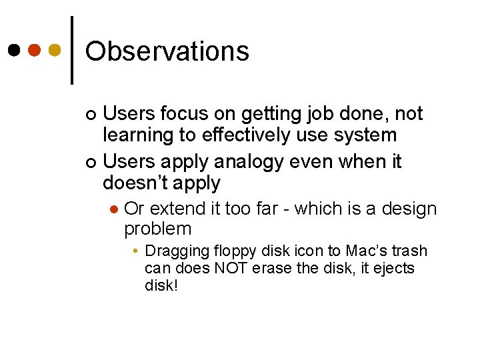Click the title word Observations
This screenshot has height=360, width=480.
coord(167,51)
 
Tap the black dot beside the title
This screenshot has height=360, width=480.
coord(14,50)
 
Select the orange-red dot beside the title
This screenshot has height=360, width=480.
coord(35,50)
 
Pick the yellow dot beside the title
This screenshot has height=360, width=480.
coord(55,50)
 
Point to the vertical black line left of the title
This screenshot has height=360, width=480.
coord(72,50)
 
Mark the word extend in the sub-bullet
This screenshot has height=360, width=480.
coord(179,209)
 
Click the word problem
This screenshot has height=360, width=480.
coord(157,230)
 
